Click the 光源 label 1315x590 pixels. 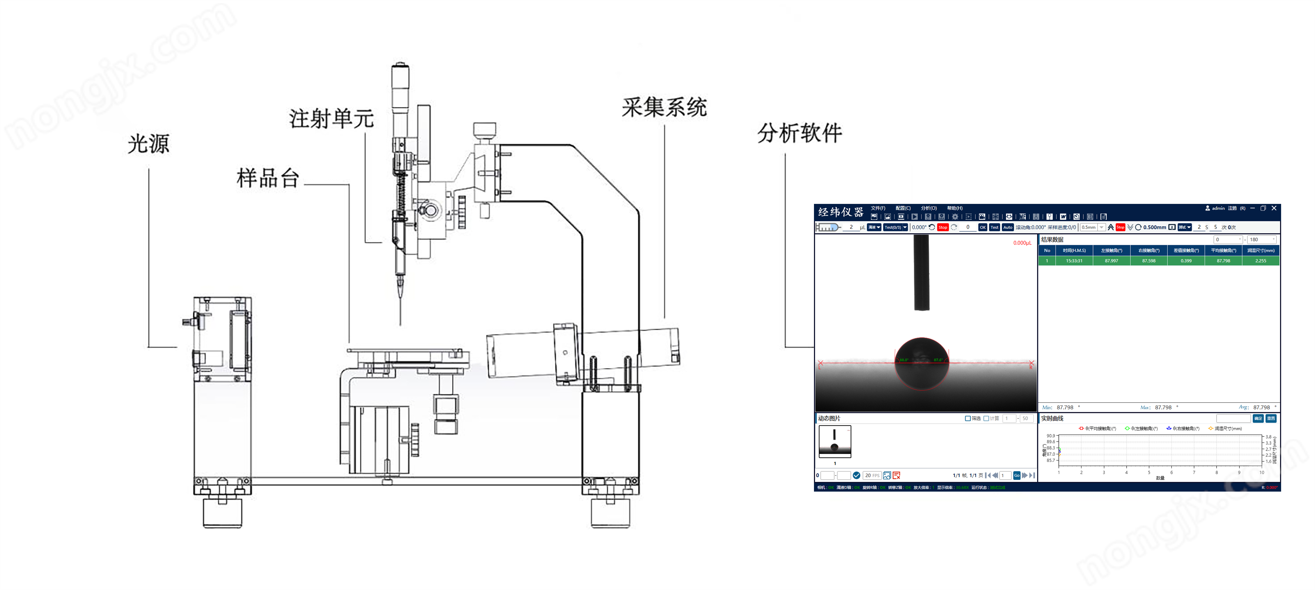[148, 144]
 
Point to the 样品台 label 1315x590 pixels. [267, 178]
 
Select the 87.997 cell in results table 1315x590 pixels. [1111, 261]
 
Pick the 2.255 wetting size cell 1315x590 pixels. [1260, 261]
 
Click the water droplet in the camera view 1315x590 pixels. [921, 364]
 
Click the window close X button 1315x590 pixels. [1274, 208]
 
